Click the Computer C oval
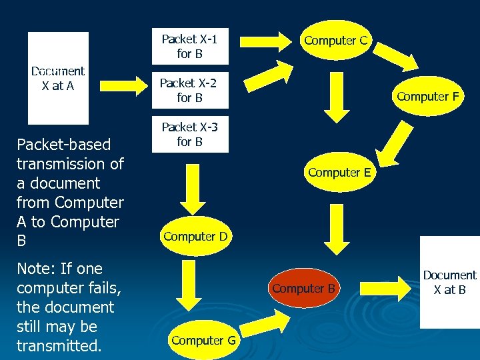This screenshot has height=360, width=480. [x=335, y=40]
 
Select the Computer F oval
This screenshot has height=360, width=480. [x=427, y=96]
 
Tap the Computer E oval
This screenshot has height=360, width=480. [x=339, y=173]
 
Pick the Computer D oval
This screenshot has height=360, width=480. [x=195, y=236]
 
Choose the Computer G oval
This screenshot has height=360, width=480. [x=203, y=340]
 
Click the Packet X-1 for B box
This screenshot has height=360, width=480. [x=189, y=46]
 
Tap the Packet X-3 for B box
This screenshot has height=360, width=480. [x=189, y=134]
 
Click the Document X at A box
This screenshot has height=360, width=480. [x=58, y=78]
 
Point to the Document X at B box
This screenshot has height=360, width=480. [x=450, y=282]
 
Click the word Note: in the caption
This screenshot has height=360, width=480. [x=35, y=269]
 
